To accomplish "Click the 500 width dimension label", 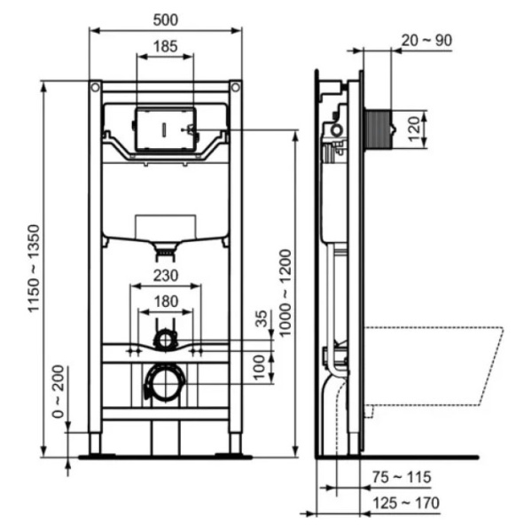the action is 166,20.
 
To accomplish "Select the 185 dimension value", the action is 166,46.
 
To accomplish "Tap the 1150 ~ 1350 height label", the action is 34,268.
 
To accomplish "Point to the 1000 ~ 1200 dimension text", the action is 285,293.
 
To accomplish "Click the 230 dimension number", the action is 166,276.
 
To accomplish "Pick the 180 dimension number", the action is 166,301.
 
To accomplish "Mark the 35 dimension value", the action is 262,318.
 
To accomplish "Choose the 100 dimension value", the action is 259,367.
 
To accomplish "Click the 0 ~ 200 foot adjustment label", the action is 58,391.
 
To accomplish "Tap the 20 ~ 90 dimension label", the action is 426,41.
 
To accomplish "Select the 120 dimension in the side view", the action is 413,129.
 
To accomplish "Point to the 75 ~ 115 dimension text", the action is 402,477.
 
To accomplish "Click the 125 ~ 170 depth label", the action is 406,503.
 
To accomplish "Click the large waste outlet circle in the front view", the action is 165,383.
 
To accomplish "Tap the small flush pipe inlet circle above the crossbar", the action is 166,340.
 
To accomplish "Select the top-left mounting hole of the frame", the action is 96,88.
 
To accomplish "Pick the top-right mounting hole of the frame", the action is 236,88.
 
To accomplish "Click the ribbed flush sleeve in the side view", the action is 378,129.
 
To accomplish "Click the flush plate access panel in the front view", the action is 166,129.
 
